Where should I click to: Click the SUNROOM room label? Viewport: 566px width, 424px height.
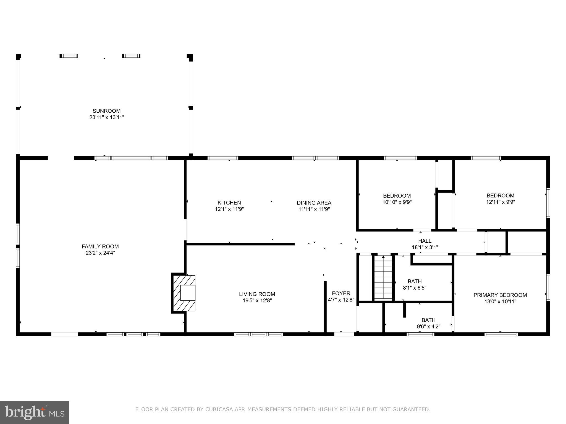click(106, 111)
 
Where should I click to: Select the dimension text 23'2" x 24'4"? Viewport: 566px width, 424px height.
click(100, 253)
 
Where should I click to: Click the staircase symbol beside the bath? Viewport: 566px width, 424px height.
click(383, 278)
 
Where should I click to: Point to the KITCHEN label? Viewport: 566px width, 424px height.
click(229, 203)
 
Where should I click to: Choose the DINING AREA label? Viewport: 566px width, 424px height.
click(314, 203)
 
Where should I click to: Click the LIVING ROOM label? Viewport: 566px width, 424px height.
click(257, 294)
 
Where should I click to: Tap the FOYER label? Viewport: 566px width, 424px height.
click(341, 293)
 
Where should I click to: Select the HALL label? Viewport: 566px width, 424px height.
click(425, 241)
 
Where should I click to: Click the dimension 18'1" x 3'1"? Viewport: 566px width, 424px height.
click(425, 248)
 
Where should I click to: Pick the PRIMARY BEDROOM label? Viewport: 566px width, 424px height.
click(500, 295)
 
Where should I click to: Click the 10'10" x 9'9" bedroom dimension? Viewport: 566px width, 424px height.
click(397, 202)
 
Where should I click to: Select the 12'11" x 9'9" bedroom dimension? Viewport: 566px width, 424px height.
click(501, 202)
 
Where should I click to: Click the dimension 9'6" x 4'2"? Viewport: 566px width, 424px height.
click(428, 327)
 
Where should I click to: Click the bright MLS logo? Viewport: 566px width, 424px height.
click(35, 413)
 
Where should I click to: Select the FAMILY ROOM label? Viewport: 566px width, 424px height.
click(100, 247)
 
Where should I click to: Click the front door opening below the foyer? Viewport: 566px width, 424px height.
click(344, 334)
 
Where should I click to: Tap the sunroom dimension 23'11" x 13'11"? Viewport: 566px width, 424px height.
click(106, 117)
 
